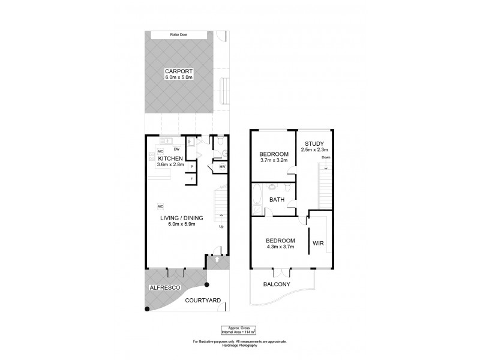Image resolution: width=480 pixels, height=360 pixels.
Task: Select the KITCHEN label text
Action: tap(170, 158)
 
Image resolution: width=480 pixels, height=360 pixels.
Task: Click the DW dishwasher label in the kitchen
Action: tap(177, 149)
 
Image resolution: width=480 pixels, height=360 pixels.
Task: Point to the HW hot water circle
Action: tap(222, 167)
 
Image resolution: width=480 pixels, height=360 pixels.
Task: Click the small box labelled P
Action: tap(191, 167)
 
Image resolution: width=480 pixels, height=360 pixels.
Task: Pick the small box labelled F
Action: tap(191, 179)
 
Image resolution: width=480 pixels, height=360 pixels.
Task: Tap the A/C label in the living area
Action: tap(161, 206)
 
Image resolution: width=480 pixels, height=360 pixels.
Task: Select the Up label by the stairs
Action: tap(221, 227)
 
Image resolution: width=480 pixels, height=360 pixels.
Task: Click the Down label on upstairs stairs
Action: tap(326, 158)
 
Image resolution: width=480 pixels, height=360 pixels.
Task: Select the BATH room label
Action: tap(276, 200)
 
